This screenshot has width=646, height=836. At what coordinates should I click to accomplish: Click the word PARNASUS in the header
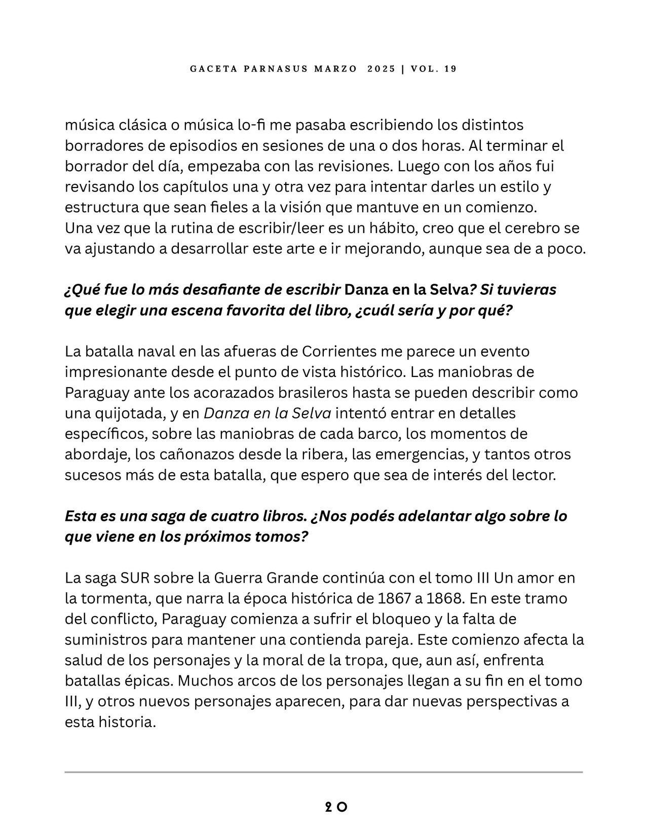276,69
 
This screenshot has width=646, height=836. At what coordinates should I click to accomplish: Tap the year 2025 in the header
382,69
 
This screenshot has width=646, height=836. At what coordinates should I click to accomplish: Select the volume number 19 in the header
450,69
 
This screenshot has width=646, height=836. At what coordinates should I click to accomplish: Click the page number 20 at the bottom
336,807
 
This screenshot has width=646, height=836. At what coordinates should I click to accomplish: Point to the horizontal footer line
323,772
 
